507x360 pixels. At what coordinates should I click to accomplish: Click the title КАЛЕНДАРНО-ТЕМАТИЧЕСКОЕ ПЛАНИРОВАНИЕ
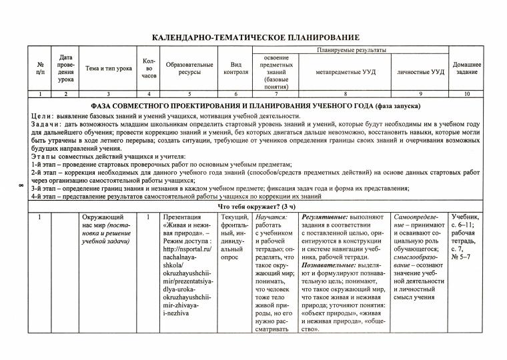click(x=256, y=37)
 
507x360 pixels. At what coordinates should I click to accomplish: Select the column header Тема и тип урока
click(x=109, y=69)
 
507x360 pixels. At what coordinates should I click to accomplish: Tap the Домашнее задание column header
click(x=467, y=69)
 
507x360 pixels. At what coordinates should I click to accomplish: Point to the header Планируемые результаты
click(x=354, y=51)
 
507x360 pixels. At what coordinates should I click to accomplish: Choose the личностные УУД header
click(x=420, y=72)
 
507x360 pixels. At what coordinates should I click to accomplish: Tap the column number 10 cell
click(x=467, y=95)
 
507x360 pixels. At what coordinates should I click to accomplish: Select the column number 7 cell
click(x=276, y=95)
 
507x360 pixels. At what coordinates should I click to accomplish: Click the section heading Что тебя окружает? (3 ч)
click(x=256, y=207)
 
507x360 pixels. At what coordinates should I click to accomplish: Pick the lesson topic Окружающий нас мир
click(x=101, y=222)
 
